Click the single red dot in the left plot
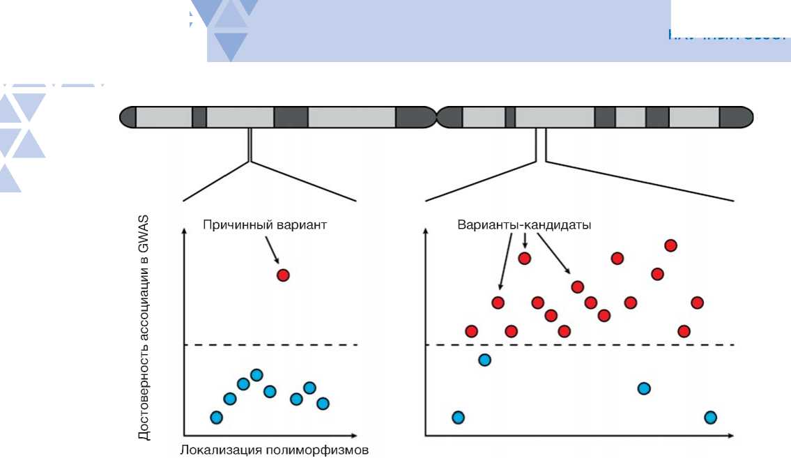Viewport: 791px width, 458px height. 282,275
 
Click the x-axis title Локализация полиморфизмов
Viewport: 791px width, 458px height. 273,450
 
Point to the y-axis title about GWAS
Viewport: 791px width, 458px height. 144,328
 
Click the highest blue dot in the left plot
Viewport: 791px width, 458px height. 256,375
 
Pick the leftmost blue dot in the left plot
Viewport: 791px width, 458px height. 216,417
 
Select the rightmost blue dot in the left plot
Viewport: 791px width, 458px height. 323,403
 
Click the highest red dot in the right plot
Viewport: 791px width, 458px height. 670,245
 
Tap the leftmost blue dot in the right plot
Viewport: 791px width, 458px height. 458,417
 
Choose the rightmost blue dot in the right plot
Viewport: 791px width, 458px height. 710,417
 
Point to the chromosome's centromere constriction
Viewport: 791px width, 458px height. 436,117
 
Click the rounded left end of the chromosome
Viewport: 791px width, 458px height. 128,117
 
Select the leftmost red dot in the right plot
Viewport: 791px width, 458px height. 471,330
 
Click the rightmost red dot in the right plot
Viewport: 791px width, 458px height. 697,303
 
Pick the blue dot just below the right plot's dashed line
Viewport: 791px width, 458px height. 484,360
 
